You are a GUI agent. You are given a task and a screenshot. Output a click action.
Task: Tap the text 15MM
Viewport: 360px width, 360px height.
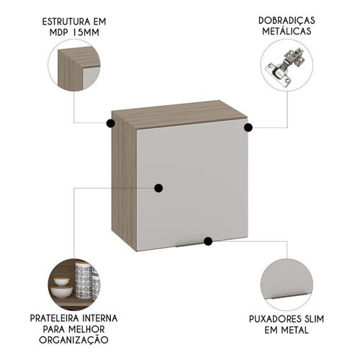click(x=86, y=32)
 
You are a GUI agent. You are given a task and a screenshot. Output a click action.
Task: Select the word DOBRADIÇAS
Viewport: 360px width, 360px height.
click(x=287, y=21)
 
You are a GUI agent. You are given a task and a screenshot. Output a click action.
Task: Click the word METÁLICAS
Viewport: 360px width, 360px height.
click(x=287, y=31)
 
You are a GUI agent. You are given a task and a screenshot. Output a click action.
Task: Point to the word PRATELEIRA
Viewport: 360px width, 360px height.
click(x=55, y=318)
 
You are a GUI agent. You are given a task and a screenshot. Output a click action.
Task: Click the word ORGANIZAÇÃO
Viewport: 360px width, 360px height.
click(x=73, y=340)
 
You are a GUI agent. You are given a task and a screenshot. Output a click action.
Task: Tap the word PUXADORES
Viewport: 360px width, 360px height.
click(x=275, y=319)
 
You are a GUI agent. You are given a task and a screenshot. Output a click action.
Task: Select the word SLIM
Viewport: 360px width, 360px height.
click(x=314, y=319)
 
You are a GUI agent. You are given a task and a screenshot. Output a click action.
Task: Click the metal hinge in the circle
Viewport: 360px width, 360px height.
click(x=285, y=67)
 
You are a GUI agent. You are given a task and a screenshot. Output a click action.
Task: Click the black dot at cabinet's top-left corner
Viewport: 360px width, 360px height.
click(x=110, y=123)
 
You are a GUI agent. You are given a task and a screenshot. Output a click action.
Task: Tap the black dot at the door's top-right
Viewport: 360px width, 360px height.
click(x=248, y=127)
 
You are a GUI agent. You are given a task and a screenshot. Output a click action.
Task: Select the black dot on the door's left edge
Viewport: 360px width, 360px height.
click(x=158, y=188)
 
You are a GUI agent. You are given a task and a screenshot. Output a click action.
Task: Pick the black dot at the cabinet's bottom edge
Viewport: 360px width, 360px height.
click(x=208, y=241)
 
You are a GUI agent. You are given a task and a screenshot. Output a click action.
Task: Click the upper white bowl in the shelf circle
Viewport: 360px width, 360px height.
click(x=61, y=281)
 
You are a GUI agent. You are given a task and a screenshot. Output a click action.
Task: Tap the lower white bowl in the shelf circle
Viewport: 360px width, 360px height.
click(x=61, y=292)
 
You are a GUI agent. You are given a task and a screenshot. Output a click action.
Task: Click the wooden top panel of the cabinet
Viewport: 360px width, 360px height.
click(x=179, y=113)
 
